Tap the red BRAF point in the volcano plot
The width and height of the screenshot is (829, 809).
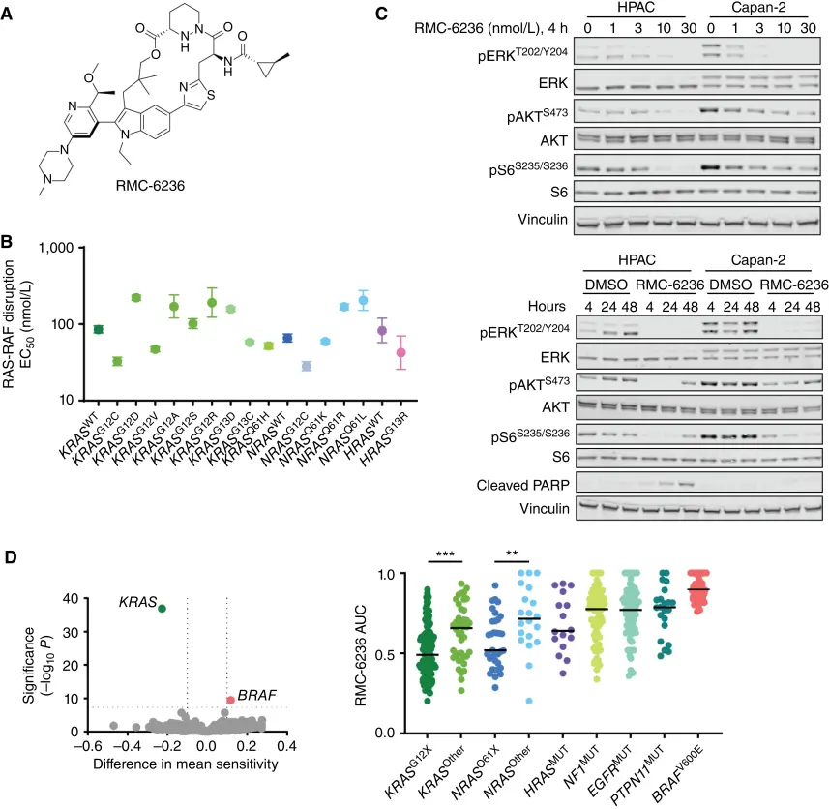click(230, 700)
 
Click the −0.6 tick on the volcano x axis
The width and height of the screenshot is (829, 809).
click(85, 746)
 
